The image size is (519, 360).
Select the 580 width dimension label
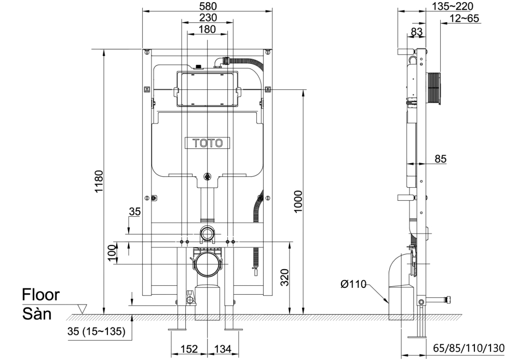[x=207, y=5]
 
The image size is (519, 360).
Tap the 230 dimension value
[x=207, y=17]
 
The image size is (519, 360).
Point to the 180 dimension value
[x=207, y=30]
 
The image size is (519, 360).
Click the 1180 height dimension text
[x=99, y=182]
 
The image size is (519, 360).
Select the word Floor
[x=40, y=295]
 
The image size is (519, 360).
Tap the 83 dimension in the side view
[x=416, y=31]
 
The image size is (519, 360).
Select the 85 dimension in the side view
[x=440, y=159]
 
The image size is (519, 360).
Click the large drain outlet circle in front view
[x=207, y=265]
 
